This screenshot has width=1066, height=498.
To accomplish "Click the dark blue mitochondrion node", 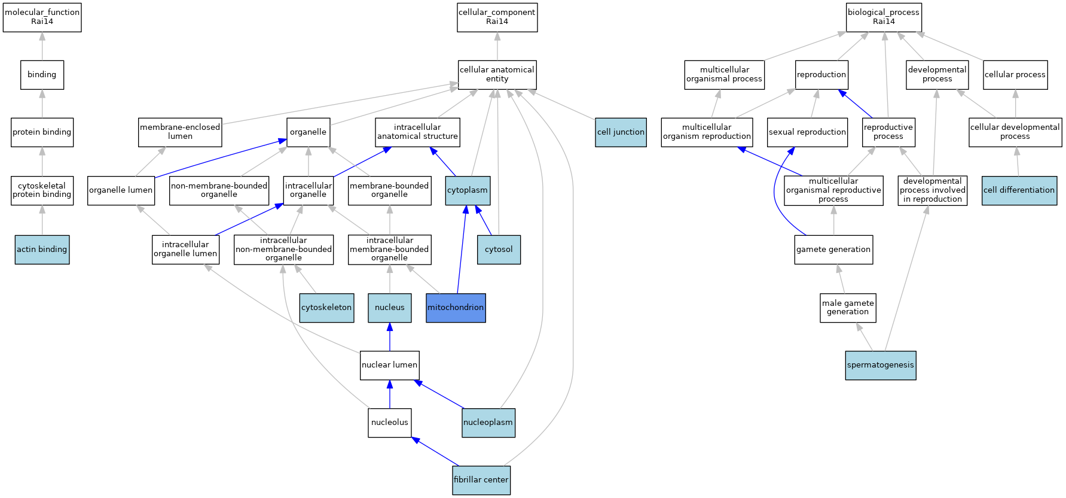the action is tap(456, 308).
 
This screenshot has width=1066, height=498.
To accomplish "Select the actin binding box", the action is tap(42, 250).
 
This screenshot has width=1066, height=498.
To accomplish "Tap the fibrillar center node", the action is tap(481, 480).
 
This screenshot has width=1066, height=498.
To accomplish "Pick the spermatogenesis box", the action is tap(881, 365).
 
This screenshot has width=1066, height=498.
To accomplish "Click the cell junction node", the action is tap(621, 132).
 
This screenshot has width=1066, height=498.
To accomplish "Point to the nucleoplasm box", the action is tap(488, 423).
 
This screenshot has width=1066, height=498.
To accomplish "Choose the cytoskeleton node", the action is tap(326, 308).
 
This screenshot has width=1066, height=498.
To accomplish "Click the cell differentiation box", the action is tap(1019, 190).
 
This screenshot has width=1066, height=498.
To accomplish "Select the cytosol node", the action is tap(499, 250).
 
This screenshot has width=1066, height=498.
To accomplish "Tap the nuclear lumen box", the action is tap(390, 365).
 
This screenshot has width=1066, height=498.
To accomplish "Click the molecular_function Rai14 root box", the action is tap(42, 17).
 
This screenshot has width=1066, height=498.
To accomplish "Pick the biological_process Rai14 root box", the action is tap(884, 17).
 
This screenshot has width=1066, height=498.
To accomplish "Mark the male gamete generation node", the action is tap(848, 308).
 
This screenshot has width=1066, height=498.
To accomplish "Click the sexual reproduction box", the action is tap(807, 132).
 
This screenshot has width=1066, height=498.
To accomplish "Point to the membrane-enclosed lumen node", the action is tap(180, 132).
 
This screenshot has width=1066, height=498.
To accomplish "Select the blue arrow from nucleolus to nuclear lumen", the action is tap(390, 394).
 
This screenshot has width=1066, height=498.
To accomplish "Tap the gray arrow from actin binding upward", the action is tap(42, 220).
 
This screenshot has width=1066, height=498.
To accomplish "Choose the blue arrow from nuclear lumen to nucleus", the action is tap(390, 336).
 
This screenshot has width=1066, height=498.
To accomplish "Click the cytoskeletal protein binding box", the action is tap(42, 190).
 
